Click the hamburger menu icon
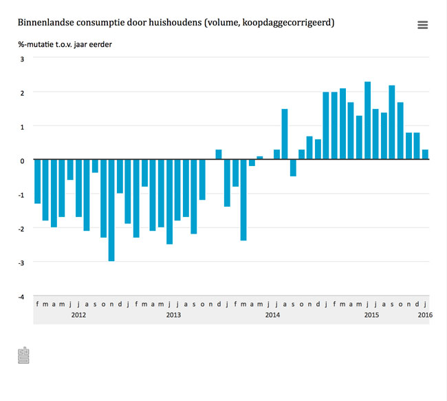[422, 25]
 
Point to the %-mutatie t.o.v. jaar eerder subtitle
[65, 45]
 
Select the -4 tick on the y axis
[21, 296]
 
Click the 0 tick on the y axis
[22, 161]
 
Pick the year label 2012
[78, 315]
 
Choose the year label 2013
[173, 315]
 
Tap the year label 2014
[272, 315]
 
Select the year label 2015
[371, 315]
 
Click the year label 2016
[424, 315]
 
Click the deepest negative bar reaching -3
[111, 210]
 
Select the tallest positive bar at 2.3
[367, 121]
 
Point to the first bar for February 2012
[37, 182]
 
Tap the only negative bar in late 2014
[293, 168]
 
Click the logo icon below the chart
[23, 356]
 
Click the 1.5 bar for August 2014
[285, 134]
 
